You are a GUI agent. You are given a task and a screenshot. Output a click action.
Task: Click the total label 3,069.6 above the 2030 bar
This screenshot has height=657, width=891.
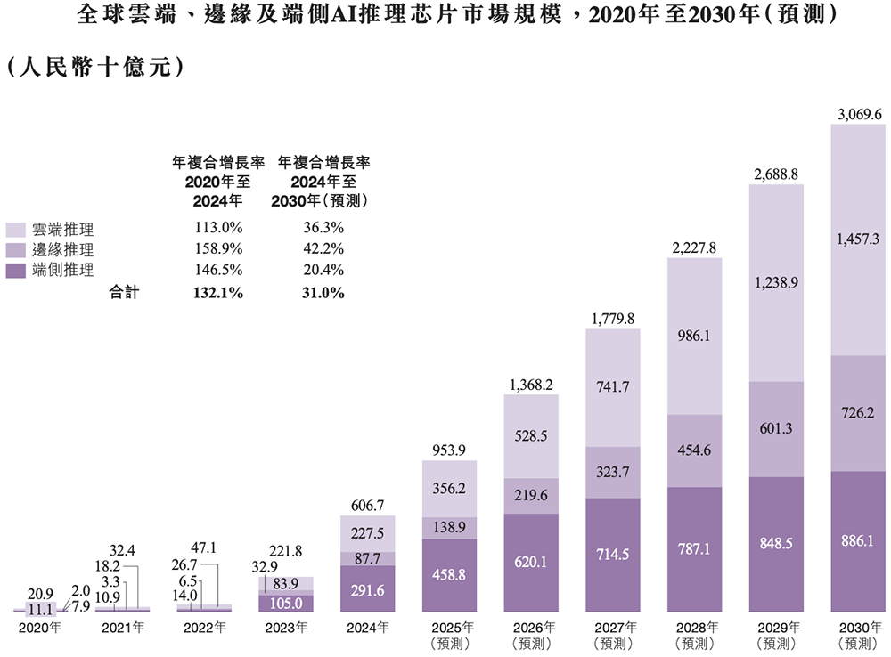point(859,115)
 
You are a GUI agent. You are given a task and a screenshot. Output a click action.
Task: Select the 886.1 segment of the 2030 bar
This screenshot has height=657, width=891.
point(859,540)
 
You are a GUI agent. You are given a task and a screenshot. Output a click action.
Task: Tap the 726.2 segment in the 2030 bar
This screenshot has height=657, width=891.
point(859,414)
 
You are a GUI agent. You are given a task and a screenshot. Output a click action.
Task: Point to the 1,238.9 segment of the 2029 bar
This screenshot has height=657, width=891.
point(777,282)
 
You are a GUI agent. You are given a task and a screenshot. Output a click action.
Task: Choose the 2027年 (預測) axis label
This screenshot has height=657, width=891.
point(613,635)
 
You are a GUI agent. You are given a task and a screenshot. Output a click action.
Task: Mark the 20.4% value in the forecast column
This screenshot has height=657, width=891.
point(324,270)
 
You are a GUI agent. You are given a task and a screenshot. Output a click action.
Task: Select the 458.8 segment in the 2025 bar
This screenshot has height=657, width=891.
point(450,576)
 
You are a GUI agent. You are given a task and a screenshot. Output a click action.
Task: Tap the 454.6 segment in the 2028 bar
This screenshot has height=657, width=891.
point(695,450)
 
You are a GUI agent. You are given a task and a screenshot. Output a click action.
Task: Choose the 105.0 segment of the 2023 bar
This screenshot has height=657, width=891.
point(287,603)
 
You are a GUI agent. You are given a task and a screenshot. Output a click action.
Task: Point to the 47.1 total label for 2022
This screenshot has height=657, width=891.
point(205,547)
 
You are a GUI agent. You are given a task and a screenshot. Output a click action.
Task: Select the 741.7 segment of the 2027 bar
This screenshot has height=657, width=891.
point(613,387)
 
